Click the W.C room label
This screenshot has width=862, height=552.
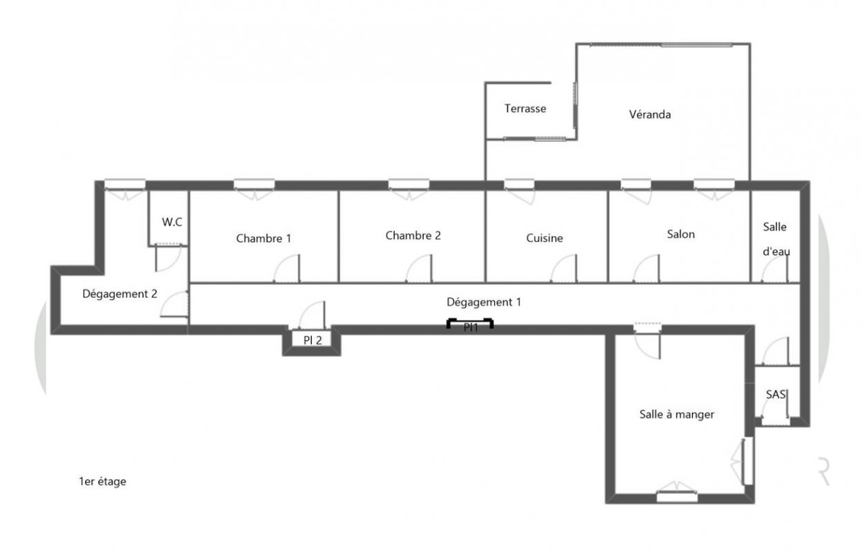pos(172,222)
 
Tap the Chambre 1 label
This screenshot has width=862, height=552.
pos(264,239)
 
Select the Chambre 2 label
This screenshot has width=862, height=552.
pos(413,235)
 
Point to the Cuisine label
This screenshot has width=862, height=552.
pos(545,238)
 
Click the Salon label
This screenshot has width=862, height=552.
pos(680,235)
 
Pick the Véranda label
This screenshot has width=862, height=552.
pos(650,115)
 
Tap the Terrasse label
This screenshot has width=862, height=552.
pos(525,108)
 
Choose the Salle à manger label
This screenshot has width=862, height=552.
pos(677,414)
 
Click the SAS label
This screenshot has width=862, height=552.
pos(776,394)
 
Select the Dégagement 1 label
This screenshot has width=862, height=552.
pos(484,302)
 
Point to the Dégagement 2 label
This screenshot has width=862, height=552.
pos(119,294)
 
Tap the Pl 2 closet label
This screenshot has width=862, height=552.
pos(313,340)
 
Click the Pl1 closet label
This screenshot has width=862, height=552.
pos(471,327)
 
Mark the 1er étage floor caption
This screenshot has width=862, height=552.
pos(102,482)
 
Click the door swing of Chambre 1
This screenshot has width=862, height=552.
pos(286,268)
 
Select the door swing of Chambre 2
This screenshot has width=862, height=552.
pos(419,268)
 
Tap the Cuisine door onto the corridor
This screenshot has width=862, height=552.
pos(564,268)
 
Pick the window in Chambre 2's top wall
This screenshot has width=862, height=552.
pos(409,185)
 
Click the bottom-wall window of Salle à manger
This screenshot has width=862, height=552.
pos(676,497)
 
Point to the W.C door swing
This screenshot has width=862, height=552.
pos(168,259)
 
